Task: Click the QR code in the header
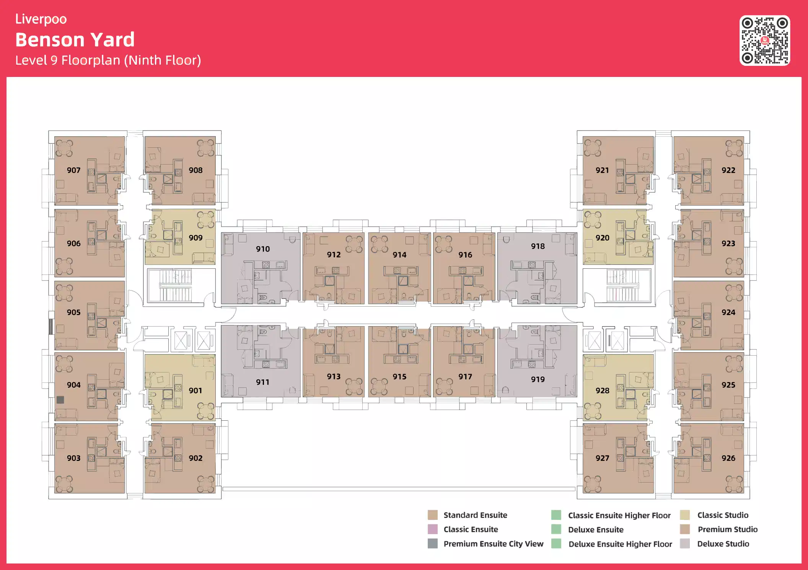tap(764, 41)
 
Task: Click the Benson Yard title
tap(75, 39)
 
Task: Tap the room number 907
tap(74, 170)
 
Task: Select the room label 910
tap(263, 249)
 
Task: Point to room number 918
tap(538, 246)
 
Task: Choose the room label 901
tap(195, 390)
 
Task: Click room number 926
tap(728, 458)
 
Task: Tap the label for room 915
tap(399, 377)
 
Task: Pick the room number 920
tap(602, 238)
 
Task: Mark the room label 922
tap(728, 170)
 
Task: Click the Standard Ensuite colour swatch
tap(433, 515)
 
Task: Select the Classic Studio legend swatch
tap(685, 515)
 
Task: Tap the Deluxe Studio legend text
tap(723, 544)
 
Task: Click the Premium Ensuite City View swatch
tap(433, 544)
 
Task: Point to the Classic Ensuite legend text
tap(471, 529)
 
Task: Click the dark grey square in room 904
tap(60, 400)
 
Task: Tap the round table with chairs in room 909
tap(206, 220)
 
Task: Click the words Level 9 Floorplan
tap(68, 60)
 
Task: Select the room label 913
tap(334, 377)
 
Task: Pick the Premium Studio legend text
tap(728, 529)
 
